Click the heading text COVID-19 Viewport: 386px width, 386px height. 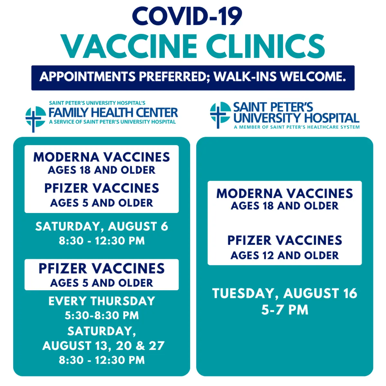(187, 16)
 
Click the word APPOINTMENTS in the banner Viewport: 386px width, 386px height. (87, 77)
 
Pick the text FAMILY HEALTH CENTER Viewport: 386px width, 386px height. (113, 113)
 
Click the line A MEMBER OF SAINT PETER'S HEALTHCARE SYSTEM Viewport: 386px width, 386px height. (297, 127)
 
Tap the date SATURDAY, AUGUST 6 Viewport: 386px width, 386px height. (102, 226)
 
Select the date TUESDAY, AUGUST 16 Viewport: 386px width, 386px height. (285, 293)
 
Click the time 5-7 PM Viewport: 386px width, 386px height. (285, 310)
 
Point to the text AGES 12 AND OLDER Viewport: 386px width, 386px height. (285, 255)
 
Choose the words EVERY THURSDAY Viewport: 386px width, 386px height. (102, 301)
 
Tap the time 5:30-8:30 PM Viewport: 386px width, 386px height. (102, 315)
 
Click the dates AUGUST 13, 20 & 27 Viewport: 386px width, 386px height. (103, 345)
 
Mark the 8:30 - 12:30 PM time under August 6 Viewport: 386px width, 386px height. (102, 241)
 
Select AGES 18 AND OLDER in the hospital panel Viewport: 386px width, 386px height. (285, 206)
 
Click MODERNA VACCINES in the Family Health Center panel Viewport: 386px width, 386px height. (102, 157)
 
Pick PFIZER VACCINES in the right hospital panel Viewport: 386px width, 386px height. (285, 240)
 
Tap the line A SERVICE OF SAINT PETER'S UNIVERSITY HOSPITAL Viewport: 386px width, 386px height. (112, 122)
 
